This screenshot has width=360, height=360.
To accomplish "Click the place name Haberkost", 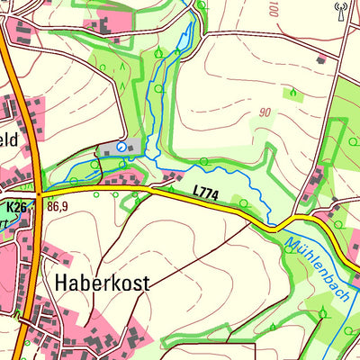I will click(x=102, y=282).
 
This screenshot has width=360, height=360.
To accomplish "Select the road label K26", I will click(x=16, y=207).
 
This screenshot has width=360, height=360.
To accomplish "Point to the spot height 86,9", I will click(x=58, y=206).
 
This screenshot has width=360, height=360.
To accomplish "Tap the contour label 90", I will click(x=263, y=112).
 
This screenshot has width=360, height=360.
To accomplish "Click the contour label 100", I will click(x=273, y=11).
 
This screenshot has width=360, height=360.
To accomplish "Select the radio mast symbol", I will click(x=340, y=10).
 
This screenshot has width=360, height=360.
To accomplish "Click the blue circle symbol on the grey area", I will click(x=121, y=146).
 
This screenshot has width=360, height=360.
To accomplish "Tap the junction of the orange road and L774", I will click(x=38, y=192).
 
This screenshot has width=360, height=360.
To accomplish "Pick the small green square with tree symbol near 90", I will click(x=293, y=92).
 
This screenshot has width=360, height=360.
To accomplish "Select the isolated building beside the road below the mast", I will click(x=321, y=59).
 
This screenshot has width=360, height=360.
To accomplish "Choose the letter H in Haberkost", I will click(x=61, y=282).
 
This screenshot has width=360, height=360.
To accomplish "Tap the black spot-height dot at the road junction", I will click(x=39, y=192).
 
